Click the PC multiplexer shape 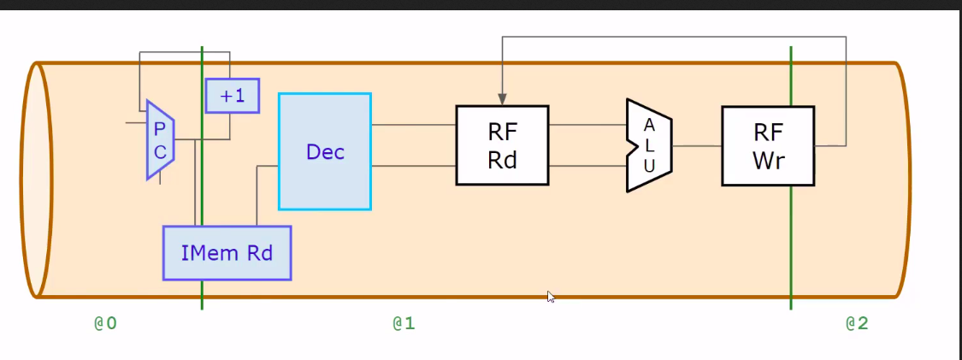tap(160, 140)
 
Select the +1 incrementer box tap(232, 96)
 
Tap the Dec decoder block tap(325, 151)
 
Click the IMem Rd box tap(227, 253)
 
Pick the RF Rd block tap(502, 145)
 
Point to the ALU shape tap(649, 145)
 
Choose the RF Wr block tap(767, 145)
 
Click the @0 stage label tap(104, 323)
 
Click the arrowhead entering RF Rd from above tap(502, 98)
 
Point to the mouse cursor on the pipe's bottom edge tap(552, 297)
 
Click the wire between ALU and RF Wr tap(697, 146)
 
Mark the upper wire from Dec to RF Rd tap(413, 125)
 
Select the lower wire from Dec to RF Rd tap(413, 165)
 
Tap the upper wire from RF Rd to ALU tap(587, 125)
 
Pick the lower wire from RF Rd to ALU tap(587, 165)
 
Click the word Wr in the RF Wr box tap(767, 161)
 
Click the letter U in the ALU tap(649, 167)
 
